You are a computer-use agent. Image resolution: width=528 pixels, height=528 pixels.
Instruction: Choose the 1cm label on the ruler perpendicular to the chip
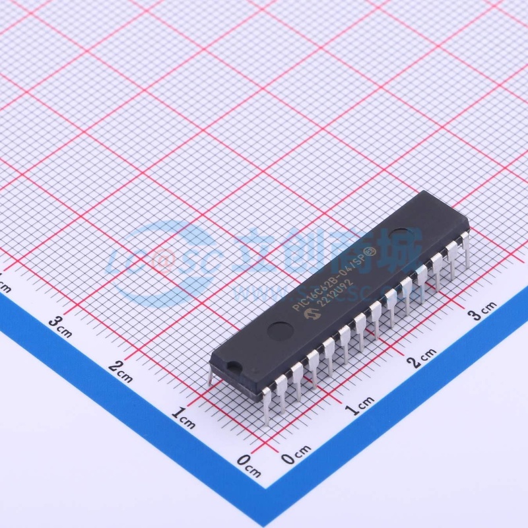[183, 417]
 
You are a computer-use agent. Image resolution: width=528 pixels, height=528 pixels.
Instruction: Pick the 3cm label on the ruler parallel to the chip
[481, 312]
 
